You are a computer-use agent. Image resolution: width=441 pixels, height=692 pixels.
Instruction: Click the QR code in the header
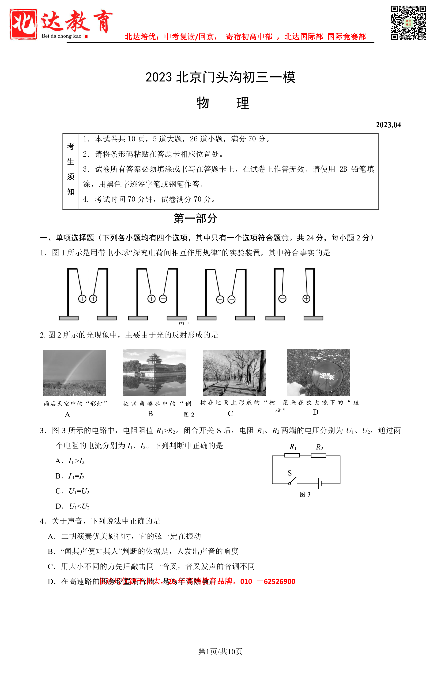tap(408, 23)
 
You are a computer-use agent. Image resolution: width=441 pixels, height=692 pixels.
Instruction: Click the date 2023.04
tap(388, 125)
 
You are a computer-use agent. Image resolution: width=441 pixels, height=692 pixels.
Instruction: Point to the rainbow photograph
tap(74, 373)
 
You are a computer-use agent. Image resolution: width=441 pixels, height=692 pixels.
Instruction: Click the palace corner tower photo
tap(154, 372)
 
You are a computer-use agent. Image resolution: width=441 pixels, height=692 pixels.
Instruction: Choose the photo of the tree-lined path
tap(234, 373)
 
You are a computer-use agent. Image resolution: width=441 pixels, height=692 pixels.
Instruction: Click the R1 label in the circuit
tap(293, 447)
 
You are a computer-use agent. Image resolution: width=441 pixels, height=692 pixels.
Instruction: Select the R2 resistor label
tap(319, 447)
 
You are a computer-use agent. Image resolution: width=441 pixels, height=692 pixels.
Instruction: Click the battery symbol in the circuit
tap(320, 483)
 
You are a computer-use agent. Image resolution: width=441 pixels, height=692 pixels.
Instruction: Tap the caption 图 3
tap(305, 494)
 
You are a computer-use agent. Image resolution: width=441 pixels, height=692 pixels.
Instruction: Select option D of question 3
tap(72, 506)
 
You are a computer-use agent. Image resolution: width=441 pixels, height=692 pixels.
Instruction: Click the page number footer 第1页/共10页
tap(220, 652)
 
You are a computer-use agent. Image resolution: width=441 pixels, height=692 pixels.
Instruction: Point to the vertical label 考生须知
tap(71, 169)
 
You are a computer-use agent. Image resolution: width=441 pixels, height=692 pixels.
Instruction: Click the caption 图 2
tap(189, 415)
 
